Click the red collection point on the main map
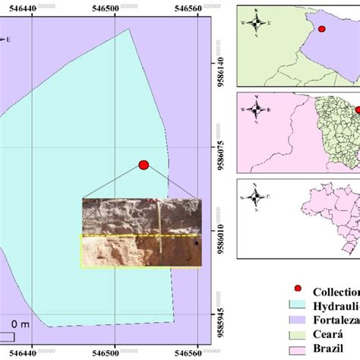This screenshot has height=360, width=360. click(x=144, y=164)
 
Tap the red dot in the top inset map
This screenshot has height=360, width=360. click(x=322, y=30)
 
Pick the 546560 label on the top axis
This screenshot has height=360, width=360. click(x=201, y=5)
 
